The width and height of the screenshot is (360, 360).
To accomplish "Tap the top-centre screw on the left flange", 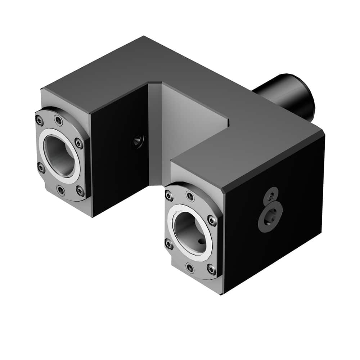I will [58, 120].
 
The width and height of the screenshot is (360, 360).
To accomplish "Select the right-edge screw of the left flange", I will [79, 144].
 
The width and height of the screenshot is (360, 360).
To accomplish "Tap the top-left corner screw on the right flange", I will [169, 195].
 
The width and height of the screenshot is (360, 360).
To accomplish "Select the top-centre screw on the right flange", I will [190, 197].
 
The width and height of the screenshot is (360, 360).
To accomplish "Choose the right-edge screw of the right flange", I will [212, 221].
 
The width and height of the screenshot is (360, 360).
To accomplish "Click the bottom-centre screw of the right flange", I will [190, 267].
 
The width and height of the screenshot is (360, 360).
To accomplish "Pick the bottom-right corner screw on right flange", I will [211, 269].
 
